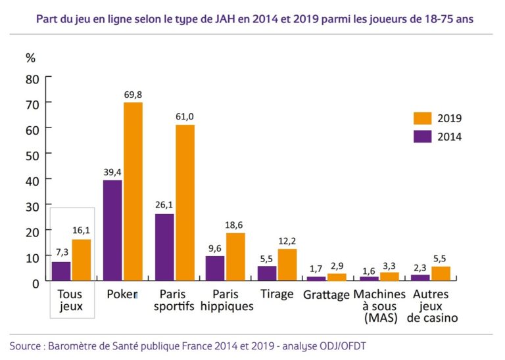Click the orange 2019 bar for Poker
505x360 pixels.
click(x=133, y=192)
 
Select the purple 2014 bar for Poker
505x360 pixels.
click(x=113, y=231)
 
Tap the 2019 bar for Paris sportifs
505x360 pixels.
click(x=185, y=203)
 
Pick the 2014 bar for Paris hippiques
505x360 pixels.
click(x=215, y=269)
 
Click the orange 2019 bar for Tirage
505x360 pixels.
click(x=287, y=265)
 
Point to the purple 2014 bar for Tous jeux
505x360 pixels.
click(x=61, y=271)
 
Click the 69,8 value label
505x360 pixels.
click(x=133, y=95)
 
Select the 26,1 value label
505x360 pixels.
click(x=164, y=206)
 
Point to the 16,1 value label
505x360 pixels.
click(x=82, y=231)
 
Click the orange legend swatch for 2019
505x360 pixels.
click(x=421, y=118)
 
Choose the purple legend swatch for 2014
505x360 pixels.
click(x=421, y=137)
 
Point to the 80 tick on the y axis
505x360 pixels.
click(x=33, y=78)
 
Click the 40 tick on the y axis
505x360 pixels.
click(x=33, y=180)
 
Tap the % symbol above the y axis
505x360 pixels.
click(x=30, y=57)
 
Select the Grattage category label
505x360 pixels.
click(x=326, y=295)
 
